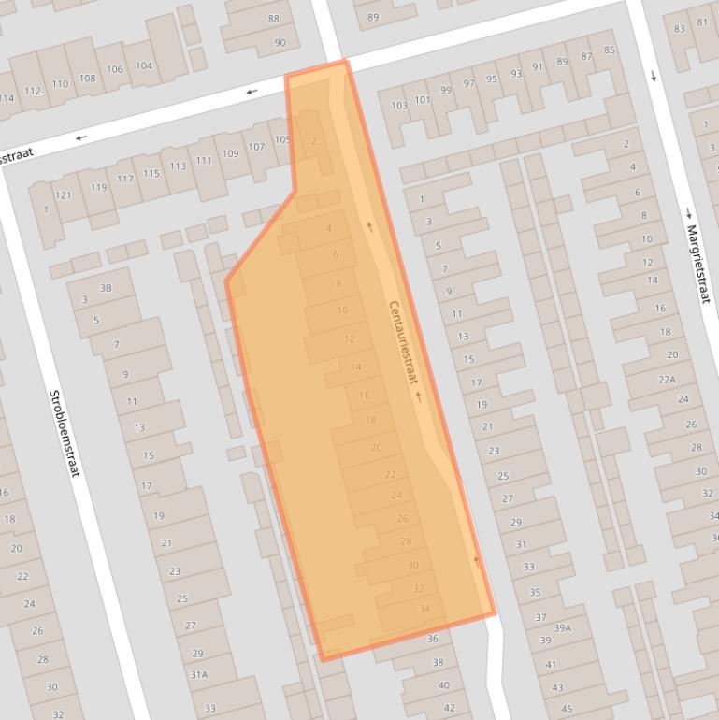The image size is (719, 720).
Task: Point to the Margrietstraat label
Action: (697, 264)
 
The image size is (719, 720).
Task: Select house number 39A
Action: (562, 628)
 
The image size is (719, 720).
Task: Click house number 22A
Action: (666, 379)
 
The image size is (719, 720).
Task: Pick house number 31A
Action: (199, 673)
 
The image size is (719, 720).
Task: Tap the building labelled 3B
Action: (106, 288)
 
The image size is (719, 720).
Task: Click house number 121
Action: (63, 194)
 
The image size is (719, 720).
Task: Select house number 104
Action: (144, 65)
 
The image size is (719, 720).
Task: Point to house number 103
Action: (398, 106)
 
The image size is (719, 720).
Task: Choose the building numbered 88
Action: (274, 19)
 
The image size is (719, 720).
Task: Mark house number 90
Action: (280, 43)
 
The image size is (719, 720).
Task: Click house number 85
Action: (610, 50)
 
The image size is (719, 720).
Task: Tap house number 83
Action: (680, 28)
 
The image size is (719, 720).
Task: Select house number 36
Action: (432, 639)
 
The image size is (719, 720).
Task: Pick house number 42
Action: (449, 708)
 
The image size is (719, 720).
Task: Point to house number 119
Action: (99, 187)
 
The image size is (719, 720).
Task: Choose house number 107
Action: (256, 147)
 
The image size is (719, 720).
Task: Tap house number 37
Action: (540, 617)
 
